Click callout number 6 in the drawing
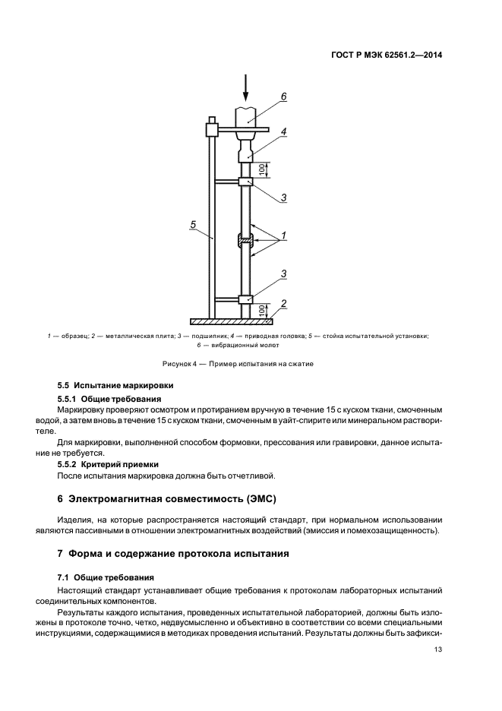(283, 96)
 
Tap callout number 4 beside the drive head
(283, 131)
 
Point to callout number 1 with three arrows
(283, 236)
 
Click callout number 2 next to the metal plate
(283, 304)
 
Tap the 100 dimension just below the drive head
(262, 169)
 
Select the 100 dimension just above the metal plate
(262, 310)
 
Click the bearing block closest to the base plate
(245, 299)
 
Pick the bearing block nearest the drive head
(245, 182)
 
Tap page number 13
(438, 649)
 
